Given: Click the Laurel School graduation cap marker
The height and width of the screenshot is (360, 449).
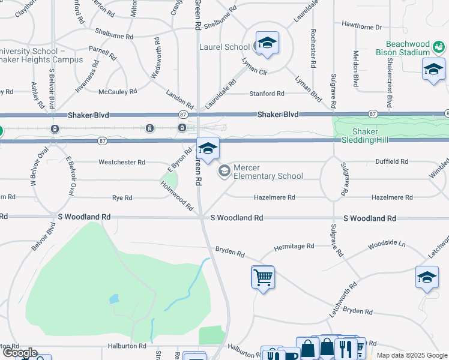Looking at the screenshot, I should pyautogui.click(x=267, y=43).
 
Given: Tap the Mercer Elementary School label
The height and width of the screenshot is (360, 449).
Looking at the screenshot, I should pyautogui.click(x=268, y=172).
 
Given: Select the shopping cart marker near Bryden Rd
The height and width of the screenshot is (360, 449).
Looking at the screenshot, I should pyautogui.click(x=262, y=277).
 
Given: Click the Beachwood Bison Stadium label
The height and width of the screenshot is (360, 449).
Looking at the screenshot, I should pyautogui.click(x=417, y=49).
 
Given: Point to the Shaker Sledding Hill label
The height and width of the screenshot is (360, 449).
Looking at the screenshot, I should pyautogui.click(x=373, y=136).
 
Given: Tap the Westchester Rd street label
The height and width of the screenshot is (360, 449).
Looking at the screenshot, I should pyautogui.click(x=122, y=162).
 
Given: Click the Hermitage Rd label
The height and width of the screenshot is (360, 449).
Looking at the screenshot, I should pyautogui.click(x=294, y=246).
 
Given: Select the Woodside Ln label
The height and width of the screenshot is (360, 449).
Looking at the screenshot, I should pyautogui.click(x=387, y=245).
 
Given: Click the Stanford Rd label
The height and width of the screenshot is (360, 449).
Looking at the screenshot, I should pyautogui.click(x=267, y=94).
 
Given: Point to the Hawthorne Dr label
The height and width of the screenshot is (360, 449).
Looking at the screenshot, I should pyautogui.click(x=361, y=27).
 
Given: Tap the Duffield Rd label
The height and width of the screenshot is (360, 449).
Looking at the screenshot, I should pyautogui.click(x=391, y=162).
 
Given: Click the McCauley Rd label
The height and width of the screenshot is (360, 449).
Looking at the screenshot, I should pyautogui.click(x=118, y=92).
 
